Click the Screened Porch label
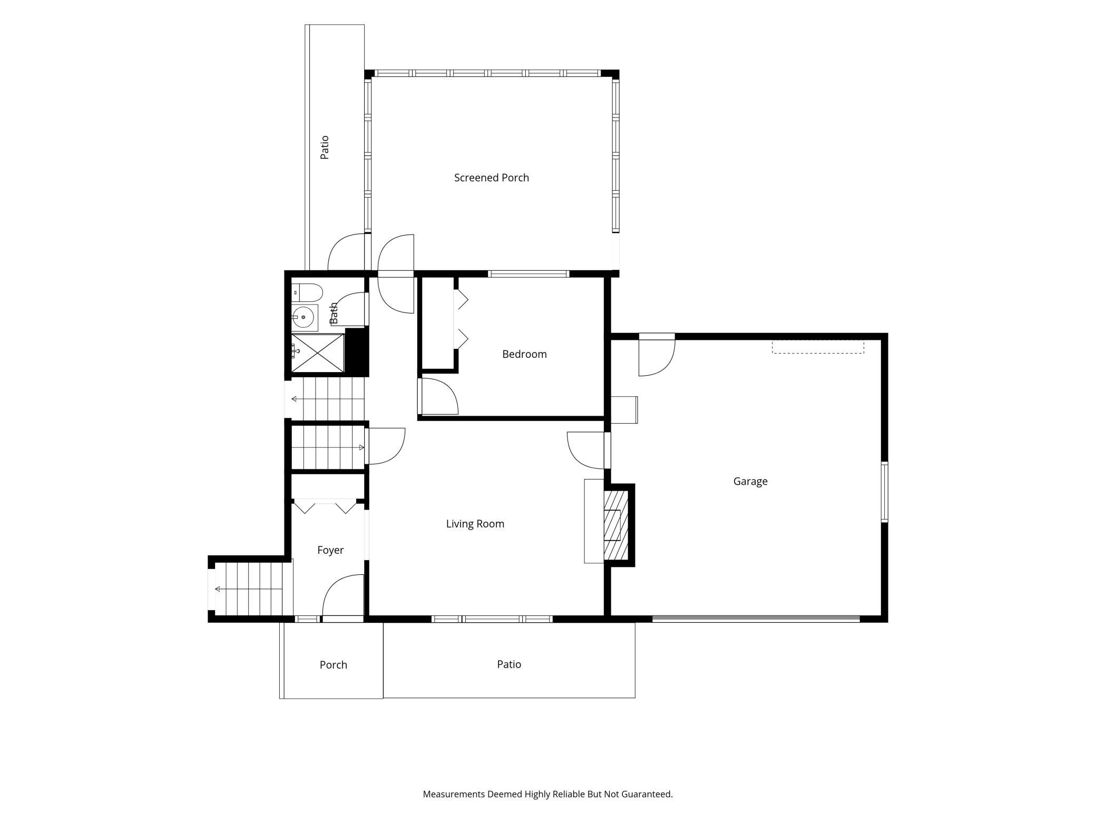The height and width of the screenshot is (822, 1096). (x=491, y=178)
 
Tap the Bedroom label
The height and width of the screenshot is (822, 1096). (x=524, y=354)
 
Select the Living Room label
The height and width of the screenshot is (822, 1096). (x=475, y=524)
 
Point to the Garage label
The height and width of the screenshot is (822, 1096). (x=750, y=481)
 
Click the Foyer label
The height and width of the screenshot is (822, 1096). (x=330, y=550)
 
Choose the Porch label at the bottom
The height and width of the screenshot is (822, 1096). (x=334, y=665)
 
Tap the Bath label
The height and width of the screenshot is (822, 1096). (x=334, y=314)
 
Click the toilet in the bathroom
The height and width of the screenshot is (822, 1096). (x=307, y=292)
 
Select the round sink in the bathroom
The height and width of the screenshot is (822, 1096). (x=303, y=317)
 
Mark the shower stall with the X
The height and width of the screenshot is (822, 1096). (x=318, y=353)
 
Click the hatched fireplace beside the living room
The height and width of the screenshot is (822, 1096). (x=616, y=525)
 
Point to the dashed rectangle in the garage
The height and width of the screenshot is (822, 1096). (x=818, y=347)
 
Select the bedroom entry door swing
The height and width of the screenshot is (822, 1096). (x=438, y=396)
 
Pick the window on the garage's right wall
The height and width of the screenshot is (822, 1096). (x=885, y=492)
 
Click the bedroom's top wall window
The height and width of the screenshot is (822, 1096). (x=529, y=273)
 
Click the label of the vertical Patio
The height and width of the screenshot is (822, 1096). (x=325, y=148)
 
